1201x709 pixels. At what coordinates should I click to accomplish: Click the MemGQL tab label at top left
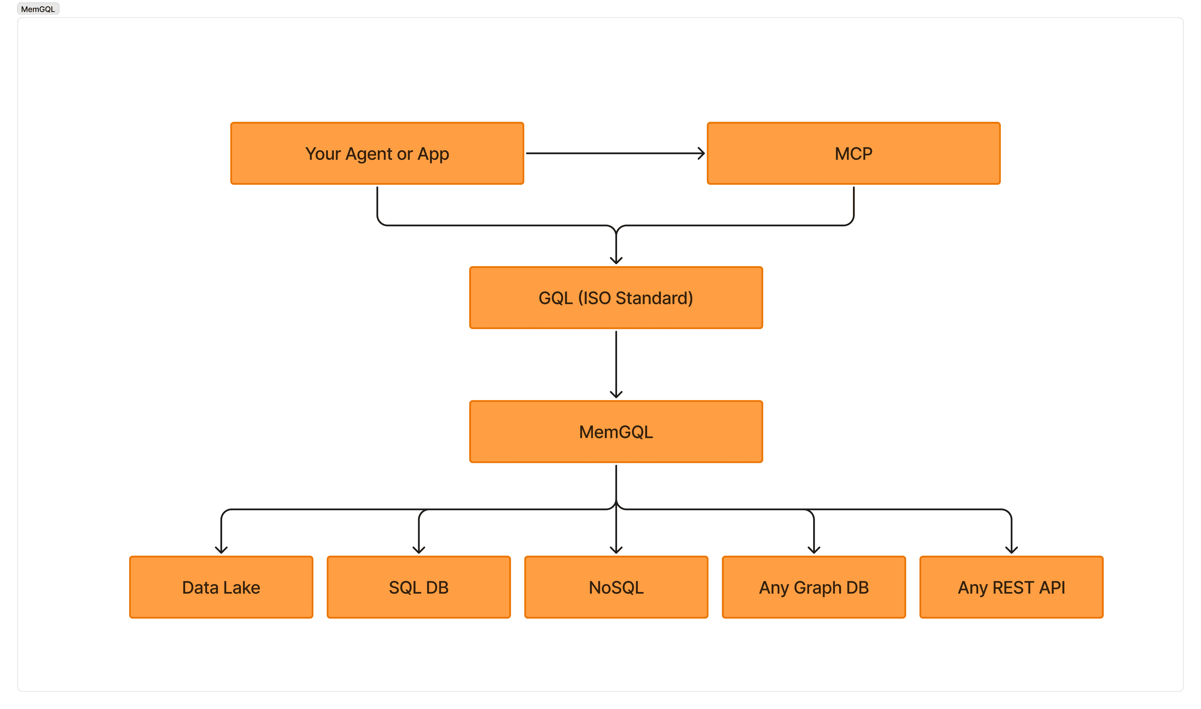[38, 9]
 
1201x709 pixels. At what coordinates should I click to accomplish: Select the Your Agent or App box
[377, 153]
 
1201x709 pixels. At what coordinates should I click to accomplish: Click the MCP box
[854, 153]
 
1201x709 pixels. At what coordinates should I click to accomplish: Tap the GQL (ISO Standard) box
[616, 298]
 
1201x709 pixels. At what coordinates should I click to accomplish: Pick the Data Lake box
[221, 587]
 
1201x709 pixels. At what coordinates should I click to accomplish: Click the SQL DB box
[419, 587]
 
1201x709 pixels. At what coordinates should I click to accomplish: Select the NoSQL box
[616, 587]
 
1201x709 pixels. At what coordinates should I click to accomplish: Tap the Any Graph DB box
[813, 587]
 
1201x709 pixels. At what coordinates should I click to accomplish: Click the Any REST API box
[1011, 587]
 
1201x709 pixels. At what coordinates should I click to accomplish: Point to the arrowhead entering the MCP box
[702, 153]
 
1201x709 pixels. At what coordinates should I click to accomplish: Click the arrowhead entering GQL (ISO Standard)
[616, 260]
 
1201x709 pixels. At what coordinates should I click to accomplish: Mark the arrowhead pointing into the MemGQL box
[616, 395]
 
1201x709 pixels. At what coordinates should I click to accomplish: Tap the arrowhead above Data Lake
[221, 550]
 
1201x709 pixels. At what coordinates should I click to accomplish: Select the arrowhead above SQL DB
[419, 550]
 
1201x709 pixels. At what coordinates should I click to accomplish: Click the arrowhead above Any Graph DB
[814, 550]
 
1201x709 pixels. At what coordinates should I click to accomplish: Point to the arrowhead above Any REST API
[1011, 550]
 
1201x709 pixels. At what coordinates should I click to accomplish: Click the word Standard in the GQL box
[654, 298]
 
